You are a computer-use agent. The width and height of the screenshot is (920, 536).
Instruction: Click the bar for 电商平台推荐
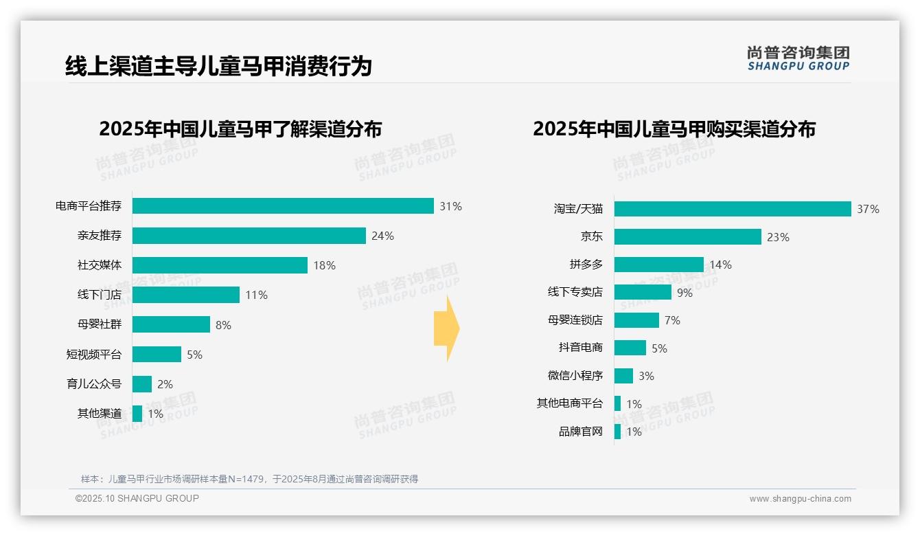tap(283, 206)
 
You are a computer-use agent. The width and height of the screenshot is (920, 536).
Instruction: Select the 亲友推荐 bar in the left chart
tap(249, 236)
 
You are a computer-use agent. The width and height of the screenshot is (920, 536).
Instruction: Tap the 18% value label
tap(324, 265)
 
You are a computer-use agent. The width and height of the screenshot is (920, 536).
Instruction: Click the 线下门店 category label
tap(100, 295)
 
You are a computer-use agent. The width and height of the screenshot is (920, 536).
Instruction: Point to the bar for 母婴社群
tap(171, 324)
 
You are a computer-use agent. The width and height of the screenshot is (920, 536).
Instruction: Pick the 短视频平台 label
tap(94, 355)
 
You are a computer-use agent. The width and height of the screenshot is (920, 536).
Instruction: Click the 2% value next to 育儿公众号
tap(165, 384)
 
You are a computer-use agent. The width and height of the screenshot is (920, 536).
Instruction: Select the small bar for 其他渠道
tap(137, 414)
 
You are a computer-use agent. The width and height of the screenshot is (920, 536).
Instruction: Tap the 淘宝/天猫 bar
tap(733, 209)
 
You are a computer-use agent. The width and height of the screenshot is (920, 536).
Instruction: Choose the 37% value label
tap(868, 209)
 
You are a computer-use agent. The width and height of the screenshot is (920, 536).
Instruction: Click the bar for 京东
tap(688, 237)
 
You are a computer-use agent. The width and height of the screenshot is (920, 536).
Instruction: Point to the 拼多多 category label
tap(586, 265)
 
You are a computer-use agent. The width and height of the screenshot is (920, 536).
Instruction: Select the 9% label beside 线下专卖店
tap(685, 293)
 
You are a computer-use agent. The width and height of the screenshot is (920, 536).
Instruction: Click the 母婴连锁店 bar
tap(636, 320)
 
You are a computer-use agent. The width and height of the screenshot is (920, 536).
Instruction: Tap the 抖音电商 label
tap(580, 348)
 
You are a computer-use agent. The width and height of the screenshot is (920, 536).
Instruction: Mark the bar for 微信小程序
tap(623, 376)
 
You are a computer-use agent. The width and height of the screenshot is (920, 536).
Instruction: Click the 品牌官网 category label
tap(580, 432)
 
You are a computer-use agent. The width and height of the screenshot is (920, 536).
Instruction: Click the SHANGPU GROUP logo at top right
tap(798, 58)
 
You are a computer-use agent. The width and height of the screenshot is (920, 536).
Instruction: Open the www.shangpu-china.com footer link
tap(800, 499)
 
